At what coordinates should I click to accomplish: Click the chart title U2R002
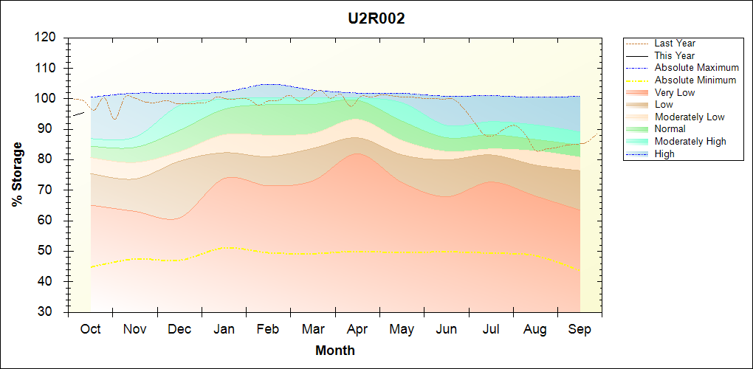click(x=376, y=19)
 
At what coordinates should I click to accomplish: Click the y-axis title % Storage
click(x=17, y=179)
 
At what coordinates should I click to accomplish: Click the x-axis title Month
click(x=335, y=351)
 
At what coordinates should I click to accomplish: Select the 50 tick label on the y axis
click(x=49, y=251)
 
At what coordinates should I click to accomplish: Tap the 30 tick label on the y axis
click(x=49, y=312)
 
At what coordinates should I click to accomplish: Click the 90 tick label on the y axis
click(x=49, y=129)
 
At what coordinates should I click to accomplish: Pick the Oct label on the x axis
click(x=91, y=329)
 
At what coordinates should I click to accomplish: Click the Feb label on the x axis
click(x=268, y=329)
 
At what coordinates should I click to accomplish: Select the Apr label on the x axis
click(x=357, y=329)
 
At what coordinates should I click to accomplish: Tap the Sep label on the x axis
click(x=580, y=329)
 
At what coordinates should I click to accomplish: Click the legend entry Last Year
click(x=675, y=44)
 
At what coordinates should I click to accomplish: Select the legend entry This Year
click(x=675, y=56)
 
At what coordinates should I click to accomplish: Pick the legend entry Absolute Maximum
click(x=696, y=68)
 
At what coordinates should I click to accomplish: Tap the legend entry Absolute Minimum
click(x=695, y=80)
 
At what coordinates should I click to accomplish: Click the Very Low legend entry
click(x=675, y=93)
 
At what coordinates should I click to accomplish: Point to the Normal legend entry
click(x=670, y=129)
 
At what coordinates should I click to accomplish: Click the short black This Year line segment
click(x=77, y=113)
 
